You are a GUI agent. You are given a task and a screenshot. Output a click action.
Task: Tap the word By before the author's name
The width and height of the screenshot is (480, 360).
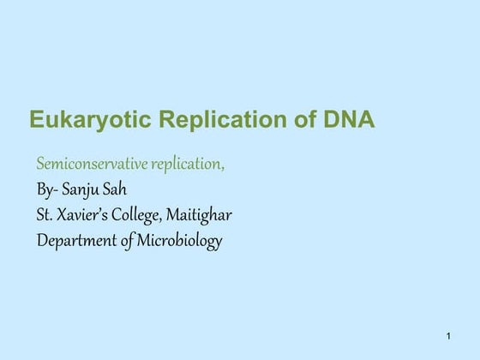46,189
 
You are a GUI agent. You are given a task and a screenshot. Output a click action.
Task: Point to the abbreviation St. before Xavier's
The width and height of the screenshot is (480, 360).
45,214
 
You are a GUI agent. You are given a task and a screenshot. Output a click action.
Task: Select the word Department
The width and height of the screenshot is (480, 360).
76,240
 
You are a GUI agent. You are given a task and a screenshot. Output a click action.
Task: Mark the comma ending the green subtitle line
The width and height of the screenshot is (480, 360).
224,168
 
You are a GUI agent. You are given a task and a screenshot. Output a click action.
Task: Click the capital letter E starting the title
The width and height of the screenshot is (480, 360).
37,120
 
